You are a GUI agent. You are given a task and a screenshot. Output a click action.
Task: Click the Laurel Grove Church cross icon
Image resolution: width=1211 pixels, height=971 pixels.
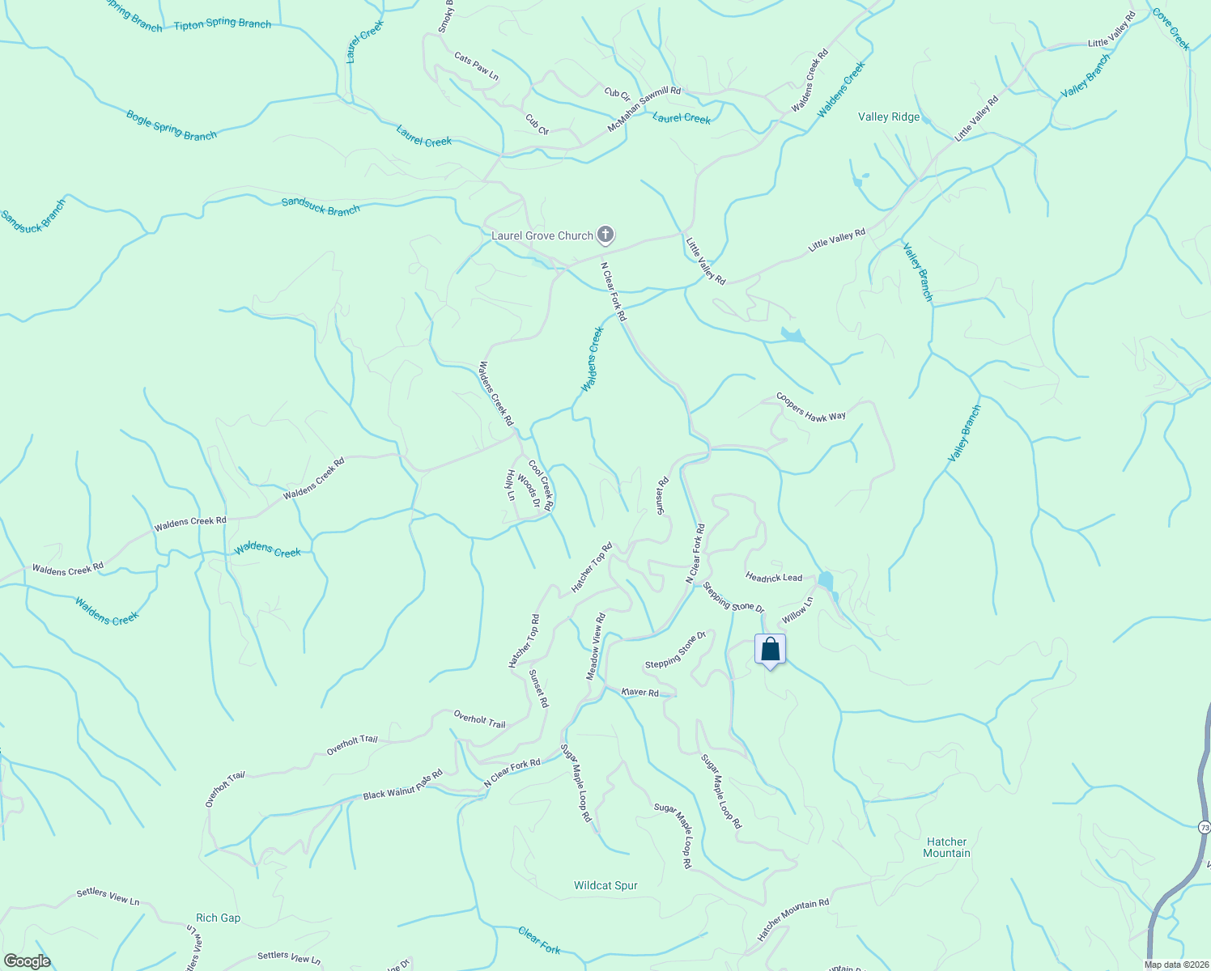pyautogui.click(x=605, y=235)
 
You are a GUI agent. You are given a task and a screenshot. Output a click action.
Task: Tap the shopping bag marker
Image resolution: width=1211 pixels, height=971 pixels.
pyautogui.click(x=770, y=650)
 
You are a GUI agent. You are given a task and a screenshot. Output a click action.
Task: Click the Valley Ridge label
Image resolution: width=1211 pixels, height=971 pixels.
pyautogui.click(x=889, y=117)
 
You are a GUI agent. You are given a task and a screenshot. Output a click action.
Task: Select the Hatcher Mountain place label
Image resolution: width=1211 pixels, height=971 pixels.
pyautogui.click(x=946, y=847)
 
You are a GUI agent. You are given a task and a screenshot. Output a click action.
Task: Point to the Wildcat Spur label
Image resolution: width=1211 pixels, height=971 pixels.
pyautogui.click(x=605, y=885)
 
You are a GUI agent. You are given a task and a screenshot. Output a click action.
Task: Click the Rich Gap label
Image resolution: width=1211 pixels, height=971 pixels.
pyautogui.click(x=219, y=918)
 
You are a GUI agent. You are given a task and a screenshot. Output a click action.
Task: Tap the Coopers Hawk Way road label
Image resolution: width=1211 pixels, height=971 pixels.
pyautogui.click(x=810, y=406)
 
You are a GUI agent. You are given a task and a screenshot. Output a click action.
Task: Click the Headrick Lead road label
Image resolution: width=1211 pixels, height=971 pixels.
pyautogui.click(x=774, y=577)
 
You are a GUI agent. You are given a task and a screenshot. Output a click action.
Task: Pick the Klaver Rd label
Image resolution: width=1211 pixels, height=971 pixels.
pyautogui.click(x=639, y=692)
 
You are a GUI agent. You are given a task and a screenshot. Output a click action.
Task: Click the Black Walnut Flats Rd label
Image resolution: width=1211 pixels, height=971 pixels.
pyautogui.click(x=402, y=785)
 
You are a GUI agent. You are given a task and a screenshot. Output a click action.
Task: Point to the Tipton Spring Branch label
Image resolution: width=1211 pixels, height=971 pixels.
pyautogui.click(x=223, y=24)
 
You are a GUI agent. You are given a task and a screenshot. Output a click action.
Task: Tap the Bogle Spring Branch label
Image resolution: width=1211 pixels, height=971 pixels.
pyautogui.click(x=172, y=125)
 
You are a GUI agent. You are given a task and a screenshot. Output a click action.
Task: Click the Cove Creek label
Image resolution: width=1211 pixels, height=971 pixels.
pyautogui.click(x=1171, y=29)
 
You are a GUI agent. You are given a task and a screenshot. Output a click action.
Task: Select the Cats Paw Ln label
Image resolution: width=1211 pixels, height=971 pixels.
pyautogui.click(x=476, y=66)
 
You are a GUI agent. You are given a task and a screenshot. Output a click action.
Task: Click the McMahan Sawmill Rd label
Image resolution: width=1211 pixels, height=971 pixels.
pyautogui.click(x=644, y=111)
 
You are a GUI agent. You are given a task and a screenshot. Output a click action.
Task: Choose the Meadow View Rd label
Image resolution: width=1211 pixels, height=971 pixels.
pyautogui.click(x=596, y=647)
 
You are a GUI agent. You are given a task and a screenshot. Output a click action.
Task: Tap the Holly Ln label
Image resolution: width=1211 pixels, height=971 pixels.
pyautogui.click(x=510, y=485)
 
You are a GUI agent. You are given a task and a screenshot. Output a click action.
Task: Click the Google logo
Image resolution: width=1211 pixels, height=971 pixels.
pyautogui.click(x=27, y=961)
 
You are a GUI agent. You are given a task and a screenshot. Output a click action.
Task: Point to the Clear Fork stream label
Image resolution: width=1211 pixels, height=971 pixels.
pyautogui.click(x=539, y=940)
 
